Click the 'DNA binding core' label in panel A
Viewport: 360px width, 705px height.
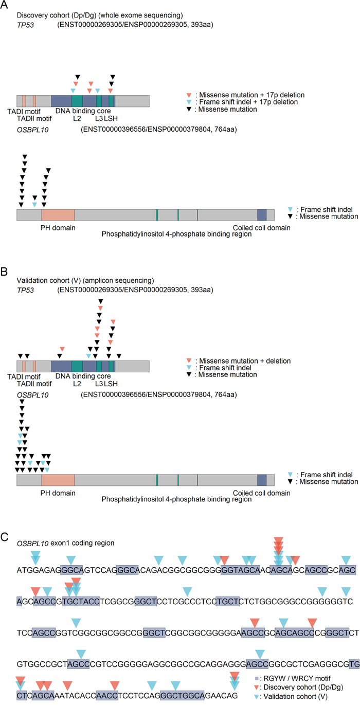[x=83, y=111]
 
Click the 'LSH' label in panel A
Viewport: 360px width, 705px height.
[x=111, y=118]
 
